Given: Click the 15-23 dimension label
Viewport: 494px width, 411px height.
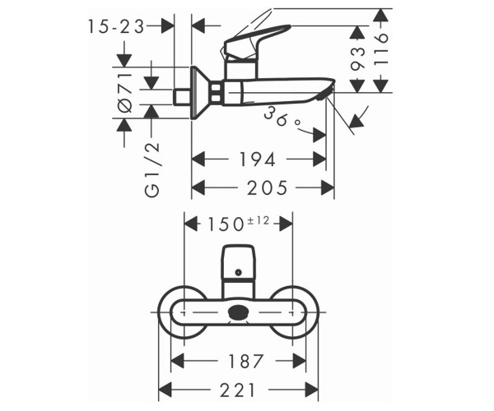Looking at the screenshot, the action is pos(116,26).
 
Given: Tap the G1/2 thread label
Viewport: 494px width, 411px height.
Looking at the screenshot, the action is pos(153,170).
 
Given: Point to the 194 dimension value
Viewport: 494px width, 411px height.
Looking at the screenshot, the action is pos(258,159).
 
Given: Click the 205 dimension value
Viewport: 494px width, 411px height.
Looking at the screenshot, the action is pos(267,187).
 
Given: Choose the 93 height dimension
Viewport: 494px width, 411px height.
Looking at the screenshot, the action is pos(357,58).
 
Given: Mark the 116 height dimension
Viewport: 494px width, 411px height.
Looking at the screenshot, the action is pos(381,48).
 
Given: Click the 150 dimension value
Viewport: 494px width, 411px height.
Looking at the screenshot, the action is pos(226,225).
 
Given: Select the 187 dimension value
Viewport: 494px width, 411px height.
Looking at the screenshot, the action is pos(245,361).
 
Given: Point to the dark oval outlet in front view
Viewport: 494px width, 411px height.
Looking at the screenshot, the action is pos(239,312).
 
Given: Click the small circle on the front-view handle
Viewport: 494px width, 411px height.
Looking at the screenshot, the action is pos(239,273).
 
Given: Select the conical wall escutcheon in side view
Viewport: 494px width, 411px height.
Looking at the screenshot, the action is pos(201,93).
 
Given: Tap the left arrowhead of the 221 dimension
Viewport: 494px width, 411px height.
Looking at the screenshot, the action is pos(165,390).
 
